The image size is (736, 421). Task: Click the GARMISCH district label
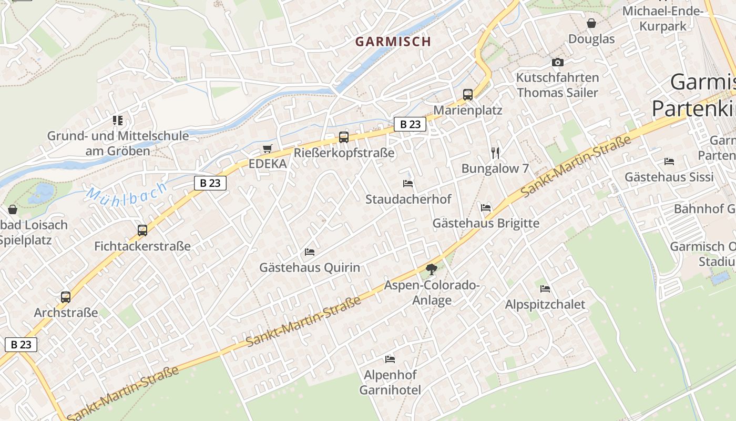(393, 42)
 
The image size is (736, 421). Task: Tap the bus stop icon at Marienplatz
(467, 95)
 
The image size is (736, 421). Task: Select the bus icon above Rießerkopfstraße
(343, 137)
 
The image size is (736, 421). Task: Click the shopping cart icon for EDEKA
(268, 149)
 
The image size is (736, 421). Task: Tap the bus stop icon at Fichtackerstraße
(142, 230)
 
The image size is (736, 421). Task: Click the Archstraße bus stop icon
(66, 297)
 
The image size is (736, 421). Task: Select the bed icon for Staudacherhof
(408, 184)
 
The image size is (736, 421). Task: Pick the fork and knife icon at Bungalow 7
(495, 153)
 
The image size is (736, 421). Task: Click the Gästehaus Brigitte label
(486, 223)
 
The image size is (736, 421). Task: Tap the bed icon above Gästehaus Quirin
(310, 252)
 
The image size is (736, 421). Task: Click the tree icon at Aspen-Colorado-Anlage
(432, 269)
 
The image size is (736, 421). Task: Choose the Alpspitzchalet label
(545, 305)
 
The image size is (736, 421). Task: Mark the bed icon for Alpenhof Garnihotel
(390, 359)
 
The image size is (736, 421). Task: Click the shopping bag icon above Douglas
(591, 23)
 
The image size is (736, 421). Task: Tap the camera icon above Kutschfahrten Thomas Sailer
(557, 62)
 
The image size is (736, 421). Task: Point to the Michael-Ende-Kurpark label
(662, 18)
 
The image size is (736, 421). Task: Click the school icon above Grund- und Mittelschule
(118, 121)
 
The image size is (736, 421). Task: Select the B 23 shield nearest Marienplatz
(410, 124)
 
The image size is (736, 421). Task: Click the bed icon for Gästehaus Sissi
(669, 162)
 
